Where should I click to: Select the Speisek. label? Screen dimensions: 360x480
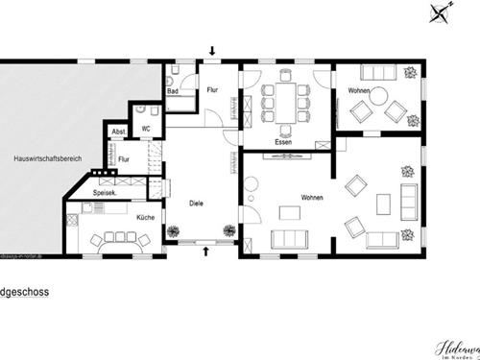click(x=106, y=192)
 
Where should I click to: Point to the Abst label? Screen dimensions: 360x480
click(x=119, y=132)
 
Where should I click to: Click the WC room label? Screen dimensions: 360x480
click(x=147, y=127)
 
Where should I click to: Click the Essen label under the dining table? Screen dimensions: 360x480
click(x=283, y=142)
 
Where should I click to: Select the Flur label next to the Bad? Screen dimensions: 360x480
click(x=213, y=89)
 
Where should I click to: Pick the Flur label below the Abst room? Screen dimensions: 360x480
click(x=124, y=159)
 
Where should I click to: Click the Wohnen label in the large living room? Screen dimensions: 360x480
click(x=311, y=198)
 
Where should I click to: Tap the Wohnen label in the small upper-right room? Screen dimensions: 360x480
click(x=359, y=90)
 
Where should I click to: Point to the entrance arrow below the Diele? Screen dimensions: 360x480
click(x=208, y=252)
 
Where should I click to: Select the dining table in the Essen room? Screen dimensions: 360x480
click(x=283, y=101)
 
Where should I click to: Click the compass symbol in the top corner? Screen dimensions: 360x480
click(x=441, y=12)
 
